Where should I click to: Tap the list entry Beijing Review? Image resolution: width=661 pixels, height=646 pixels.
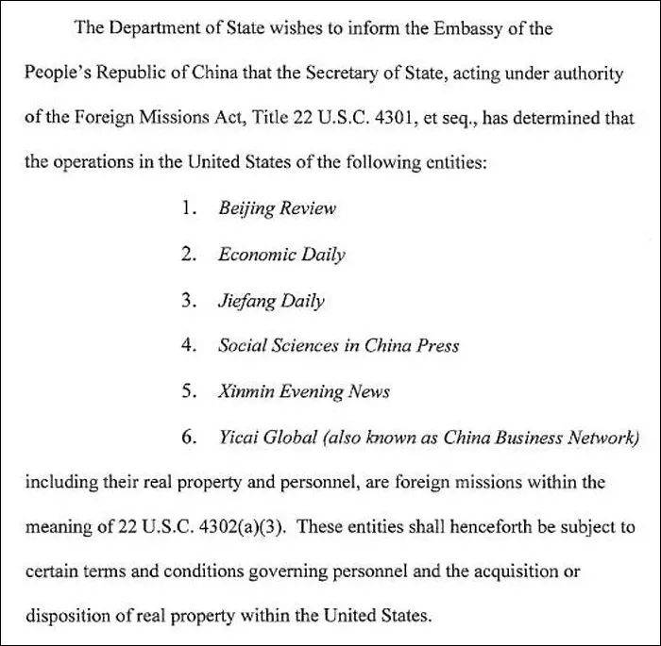click(277, 208)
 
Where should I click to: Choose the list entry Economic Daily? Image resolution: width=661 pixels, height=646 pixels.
click(281, 254)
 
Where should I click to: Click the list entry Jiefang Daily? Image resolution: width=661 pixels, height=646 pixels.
click(271, 300)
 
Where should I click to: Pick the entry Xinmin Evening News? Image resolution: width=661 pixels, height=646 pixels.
click(303, 390)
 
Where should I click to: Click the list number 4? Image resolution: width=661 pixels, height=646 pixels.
click(189, 345)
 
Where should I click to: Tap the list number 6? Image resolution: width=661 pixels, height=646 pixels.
click(189, 437)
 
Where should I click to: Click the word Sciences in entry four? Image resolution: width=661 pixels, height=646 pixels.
click(302, 345)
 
